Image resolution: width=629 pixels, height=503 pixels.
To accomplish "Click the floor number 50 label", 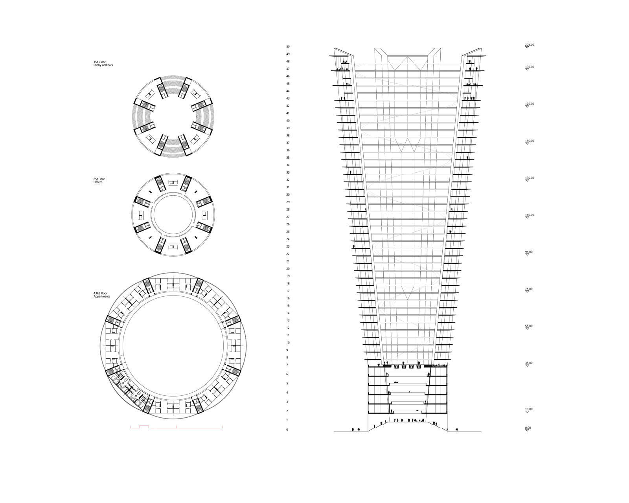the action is click(288, 46).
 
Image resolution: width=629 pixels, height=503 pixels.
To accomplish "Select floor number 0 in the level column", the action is click(287, 430).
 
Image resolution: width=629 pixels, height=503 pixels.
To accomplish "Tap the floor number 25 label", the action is click(288, 232).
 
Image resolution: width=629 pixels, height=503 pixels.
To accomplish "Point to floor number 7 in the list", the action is click(287, 365).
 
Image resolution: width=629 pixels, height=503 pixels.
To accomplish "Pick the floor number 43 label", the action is click(288, 99).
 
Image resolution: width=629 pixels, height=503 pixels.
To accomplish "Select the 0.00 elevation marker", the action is click(528, 428).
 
